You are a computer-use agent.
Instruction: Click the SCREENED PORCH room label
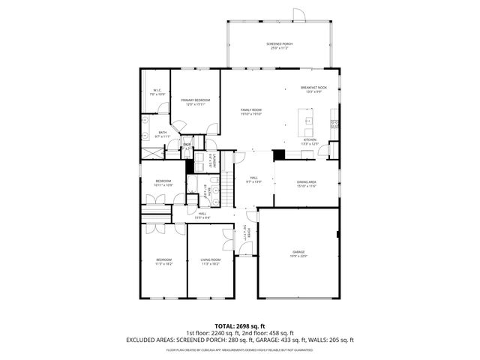coord(279,44)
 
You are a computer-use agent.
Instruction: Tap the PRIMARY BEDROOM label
coord(195,100)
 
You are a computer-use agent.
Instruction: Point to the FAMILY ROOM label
coord(250,110)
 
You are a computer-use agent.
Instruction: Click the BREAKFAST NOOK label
coord(313,88)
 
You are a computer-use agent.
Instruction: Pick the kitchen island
coord(306,118)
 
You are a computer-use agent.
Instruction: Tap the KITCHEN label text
coord(309,139)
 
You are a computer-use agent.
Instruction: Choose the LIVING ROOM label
coord(210,259)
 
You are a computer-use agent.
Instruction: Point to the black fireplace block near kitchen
coord(279,154)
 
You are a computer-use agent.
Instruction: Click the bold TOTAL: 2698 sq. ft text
coord(240,325)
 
